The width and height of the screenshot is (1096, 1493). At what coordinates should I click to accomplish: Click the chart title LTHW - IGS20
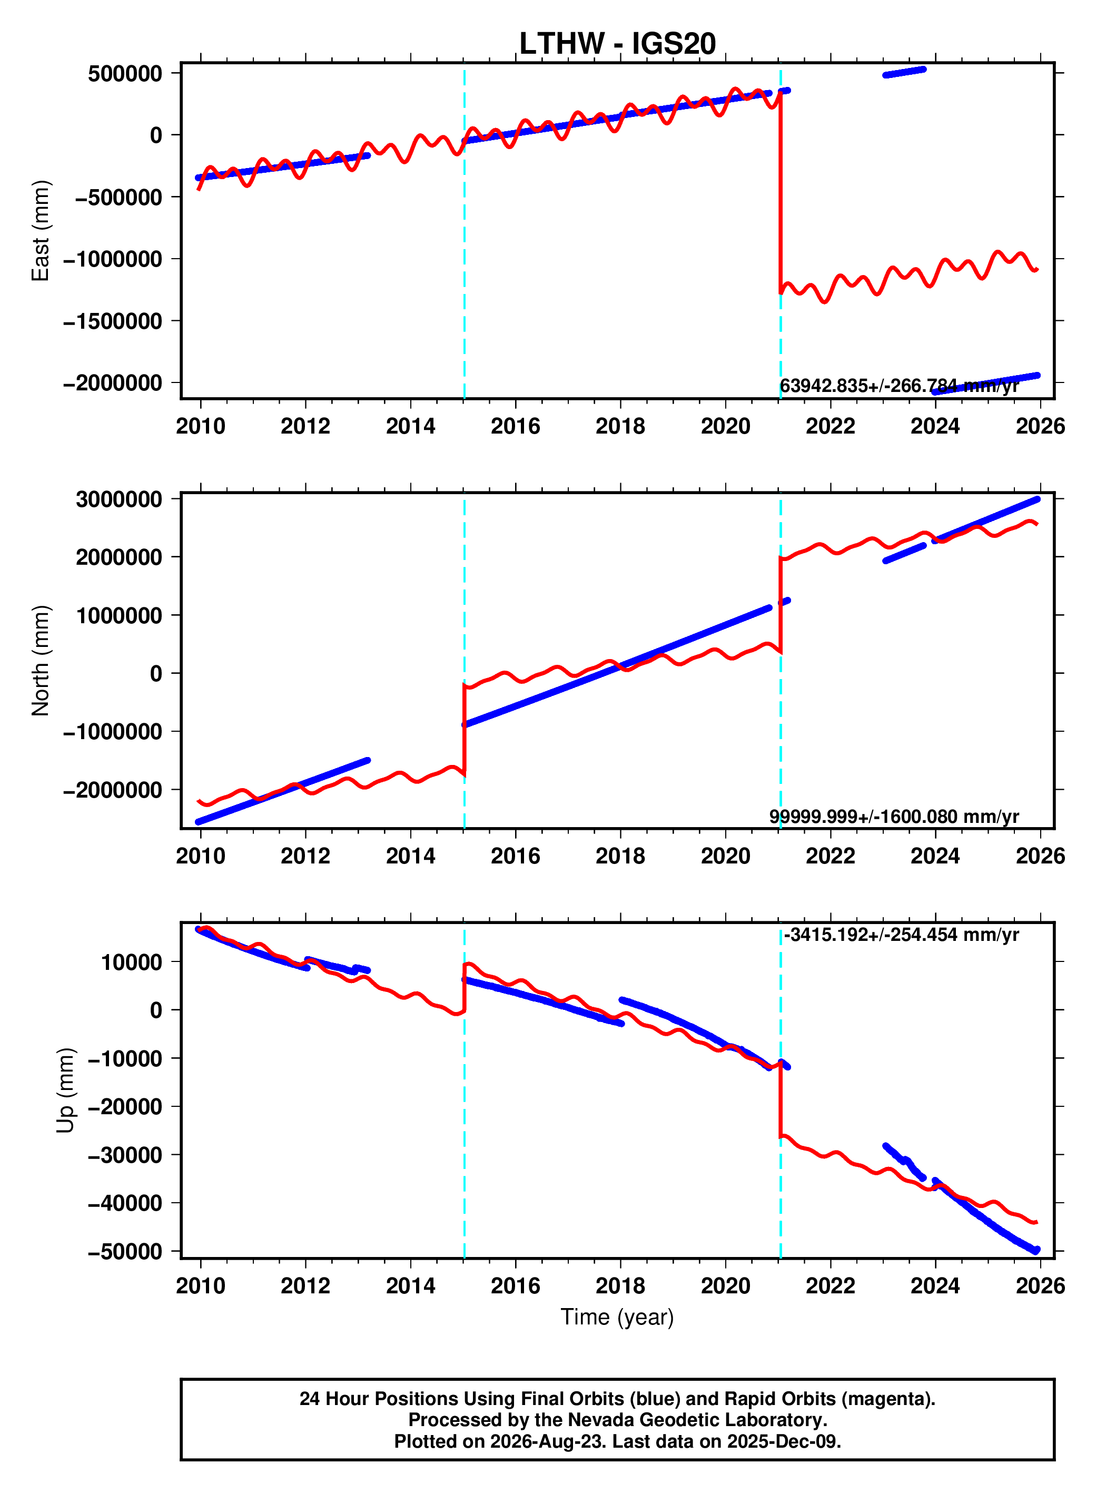tap(617, 44)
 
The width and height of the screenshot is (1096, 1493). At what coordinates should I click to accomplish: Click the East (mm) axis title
tap(41, 231)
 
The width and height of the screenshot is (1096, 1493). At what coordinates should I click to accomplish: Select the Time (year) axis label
tap(617, 1317)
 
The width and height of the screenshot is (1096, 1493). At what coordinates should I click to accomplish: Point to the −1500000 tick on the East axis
tap(113, 321)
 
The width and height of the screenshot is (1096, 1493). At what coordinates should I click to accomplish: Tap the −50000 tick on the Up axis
tap(125, 1252)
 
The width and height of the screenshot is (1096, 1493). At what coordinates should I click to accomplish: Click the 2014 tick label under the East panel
tap(411, 426)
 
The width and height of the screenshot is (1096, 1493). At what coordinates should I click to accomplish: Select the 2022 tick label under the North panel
tap(831, 856)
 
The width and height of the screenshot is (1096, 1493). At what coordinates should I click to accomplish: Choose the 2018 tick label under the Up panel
tap(620, 1286)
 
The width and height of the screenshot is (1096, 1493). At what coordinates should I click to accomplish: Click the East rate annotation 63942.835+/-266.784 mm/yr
tap(899, 386)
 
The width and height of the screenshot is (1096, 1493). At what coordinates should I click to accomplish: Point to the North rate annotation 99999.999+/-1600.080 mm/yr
tap(894, 816)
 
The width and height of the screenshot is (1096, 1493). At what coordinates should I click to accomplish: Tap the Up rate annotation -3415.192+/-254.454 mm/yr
tap(902, 935)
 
